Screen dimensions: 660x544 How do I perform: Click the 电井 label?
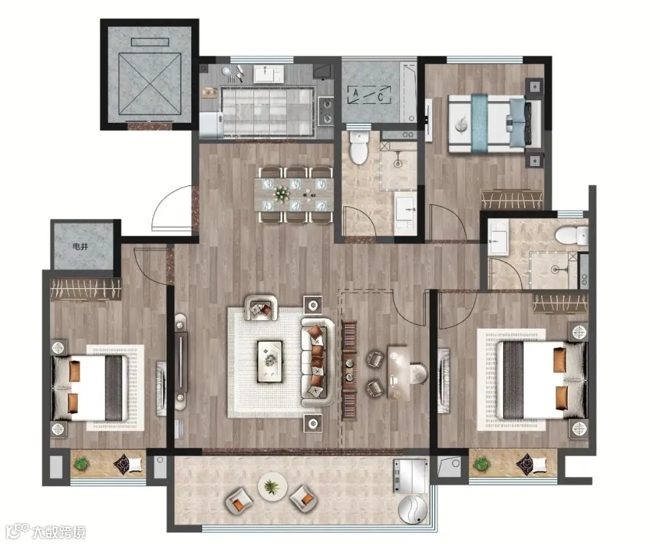coord(80,247)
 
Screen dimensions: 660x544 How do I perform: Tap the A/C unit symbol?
coord(369,95)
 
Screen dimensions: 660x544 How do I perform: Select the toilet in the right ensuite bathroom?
coord(571,235)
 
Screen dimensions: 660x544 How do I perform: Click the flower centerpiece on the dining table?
coord(281,194)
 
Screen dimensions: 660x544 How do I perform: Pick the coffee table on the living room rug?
coord(270,361)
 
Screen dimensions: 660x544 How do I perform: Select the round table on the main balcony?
coord(273,487)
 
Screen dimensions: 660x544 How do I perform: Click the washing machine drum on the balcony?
coord(413,509)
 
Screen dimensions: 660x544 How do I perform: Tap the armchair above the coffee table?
coord(262,307)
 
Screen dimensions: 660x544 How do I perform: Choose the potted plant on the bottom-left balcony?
coord(81,463)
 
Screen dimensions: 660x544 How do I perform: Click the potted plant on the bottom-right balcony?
coord(480,463)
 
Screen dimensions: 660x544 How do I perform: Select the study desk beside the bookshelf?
coord(397,372)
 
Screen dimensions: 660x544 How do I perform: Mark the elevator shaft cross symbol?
coord(150,84)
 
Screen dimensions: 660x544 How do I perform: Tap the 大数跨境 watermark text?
coord(59,532)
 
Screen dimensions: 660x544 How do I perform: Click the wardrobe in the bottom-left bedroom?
coord(86,289)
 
